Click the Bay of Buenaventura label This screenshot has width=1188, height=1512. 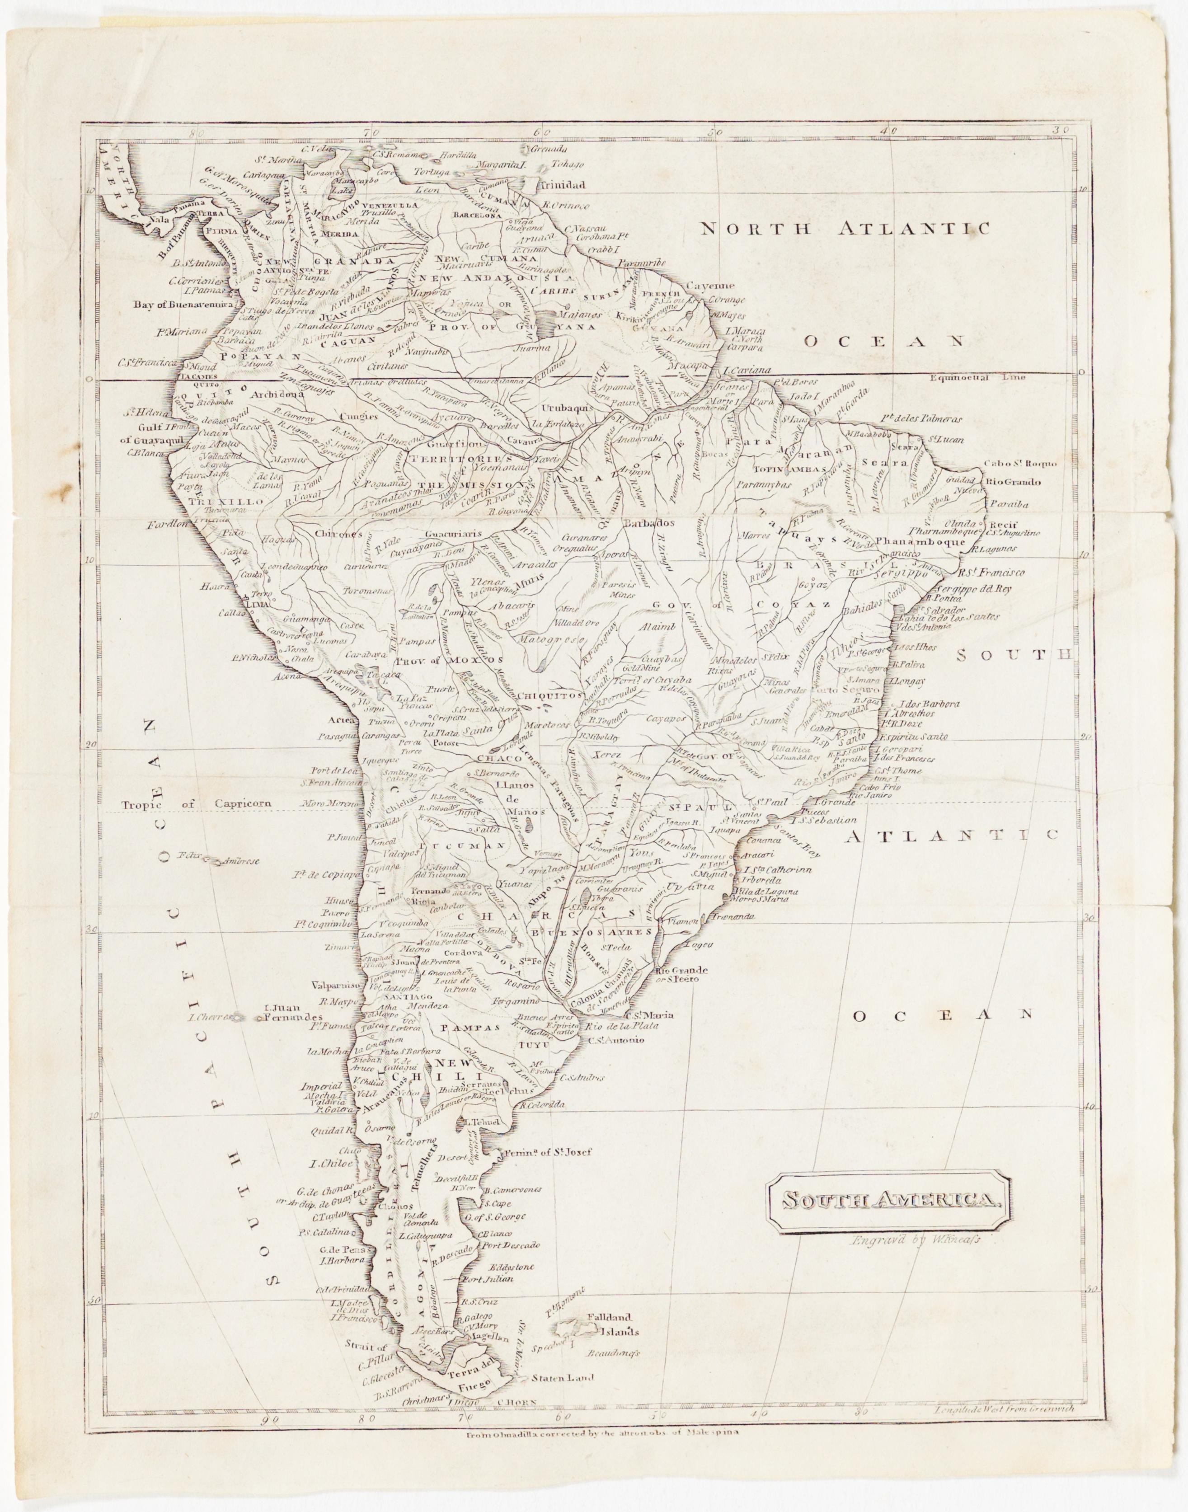tap(182, 305)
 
